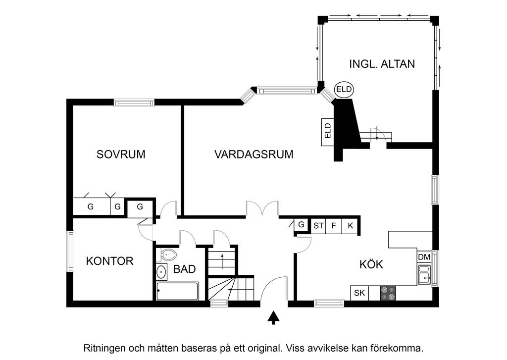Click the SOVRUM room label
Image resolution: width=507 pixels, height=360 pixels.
121,154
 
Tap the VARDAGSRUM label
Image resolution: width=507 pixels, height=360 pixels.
253,154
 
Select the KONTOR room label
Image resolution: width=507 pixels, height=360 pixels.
109,261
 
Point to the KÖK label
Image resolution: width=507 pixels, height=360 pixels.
371,264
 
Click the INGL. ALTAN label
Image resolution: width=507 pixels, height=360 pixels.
382,64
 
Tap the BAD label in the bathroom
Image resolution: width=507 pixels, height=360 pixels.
184,269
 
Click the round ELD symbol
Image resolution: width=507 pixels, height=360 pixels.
344,90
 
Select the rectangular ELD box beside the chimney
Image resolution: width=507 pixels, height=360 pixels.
327,132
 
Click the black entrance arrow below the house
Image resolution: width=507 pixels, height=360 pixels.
273,317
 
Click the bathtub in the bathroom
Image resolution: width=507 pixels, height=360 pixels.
177,291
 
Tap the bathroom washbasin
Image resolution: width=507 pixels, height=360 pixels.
161,272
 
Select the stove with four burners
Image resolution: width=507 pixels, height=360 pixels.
388,293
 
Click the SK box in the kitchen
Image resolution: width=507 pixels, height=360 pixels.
359,293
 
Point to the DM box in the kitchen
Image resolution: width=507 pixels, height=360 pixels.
424,257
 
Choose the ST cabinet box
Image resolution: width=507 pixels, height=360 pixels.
318,226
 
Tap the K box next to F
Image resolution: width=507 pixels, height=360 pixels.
351,226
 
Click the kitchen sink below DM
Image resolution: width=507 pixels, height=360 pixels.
424,275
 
